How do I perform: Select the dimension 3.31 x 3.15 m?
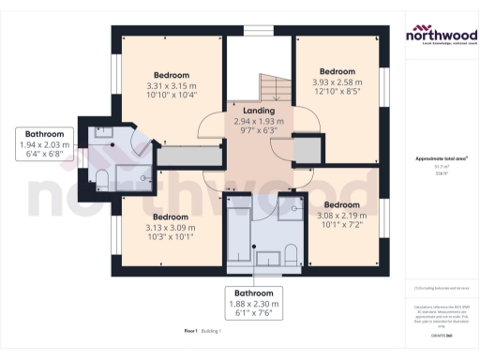pos(172,86)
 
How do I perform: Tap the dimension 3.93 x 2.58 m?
pos(337,82)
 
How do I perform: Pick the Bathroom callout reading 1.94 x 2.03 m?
pos(44,145)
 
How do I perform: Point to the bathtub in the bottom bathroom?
pos(239,234)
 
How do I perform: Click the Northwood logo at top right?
pos(440,36)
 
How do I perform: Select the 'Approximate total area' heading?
pos(441,158)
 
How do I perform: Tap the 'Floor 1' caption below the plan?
pos(192,331)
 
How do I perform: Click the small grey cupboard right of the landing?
pos(307,150)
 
